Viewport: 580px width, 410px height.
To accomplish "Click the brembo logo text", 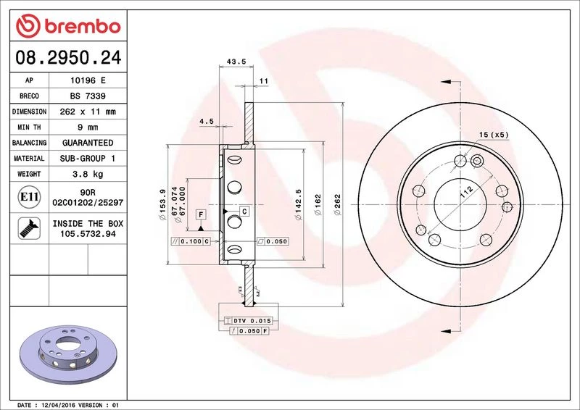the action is pyautogui.click(x=83, y=27).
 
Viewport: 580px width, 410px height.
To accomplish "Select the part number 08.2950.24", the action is pyautogui.click(x=68, y=57).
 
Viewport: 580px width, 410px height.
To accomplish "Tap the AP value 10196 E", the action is pyautogui.click(x=88, y=80).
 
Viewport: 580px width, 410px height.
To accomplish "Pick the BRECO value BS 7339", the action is pyautogui.click(x=88, y=96).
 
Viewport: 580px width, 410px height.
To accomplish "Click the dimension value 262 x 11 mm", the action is pyautogui.click(x=88, y=112).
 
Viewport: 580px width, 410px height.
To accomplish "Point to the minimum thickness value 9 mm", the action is pyautogui.click(x=88, y=127).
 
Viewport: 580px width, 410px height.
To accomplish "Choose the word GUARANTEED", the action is pyautogui.click(x=88, y=143).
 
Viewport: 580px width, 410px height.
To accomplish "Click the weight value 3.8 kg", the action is pyautogui.click(x=88, y=174).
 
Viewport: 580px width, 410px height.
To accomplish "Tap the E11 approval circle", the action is pyautogui.click(x=29, y=197).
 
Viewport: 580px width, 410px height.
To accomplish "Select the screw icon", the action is pyautogui.click(x=29, y=228).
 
